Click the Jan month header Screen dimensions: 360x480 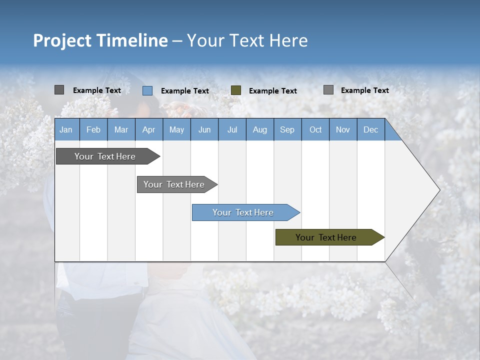click(x=66, y=129)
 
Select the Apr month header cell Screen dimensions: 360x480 click(x=148, y=129)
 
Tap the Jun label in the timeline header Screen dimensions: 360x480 click(x=204, y=129)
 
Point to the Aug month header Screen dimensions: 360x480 click(x=259, y=129)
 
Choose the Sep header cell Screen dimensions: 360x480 click(x=287, y=129)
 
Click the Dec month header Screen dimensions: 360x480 click(x=370, y=129)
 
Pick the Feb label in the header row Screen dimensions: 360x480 click(x=93, y=129)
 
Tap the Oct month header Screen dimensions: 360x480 click(x=315, y=129)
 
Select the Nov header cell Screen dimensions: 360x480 click(x=342, y=129)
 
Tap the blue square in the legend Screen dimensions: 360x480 click(x=147, y=90)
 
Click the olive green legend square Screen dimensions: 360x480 click(x=236, y=90)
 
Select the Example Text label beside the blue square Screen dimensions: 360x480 click(x=185, y=91)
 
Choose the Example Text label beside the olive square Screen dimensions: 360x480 click(x=273, y=91)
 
